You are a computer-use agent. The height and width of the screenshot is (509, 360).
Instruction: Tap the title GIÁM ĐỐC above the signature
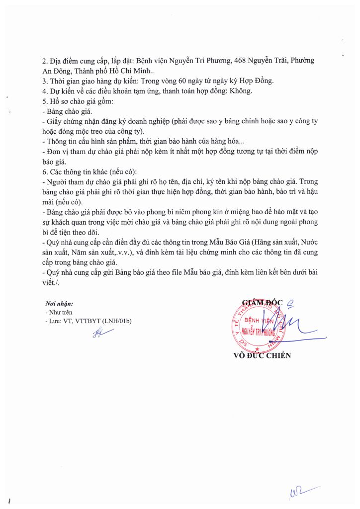(262, 302)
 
